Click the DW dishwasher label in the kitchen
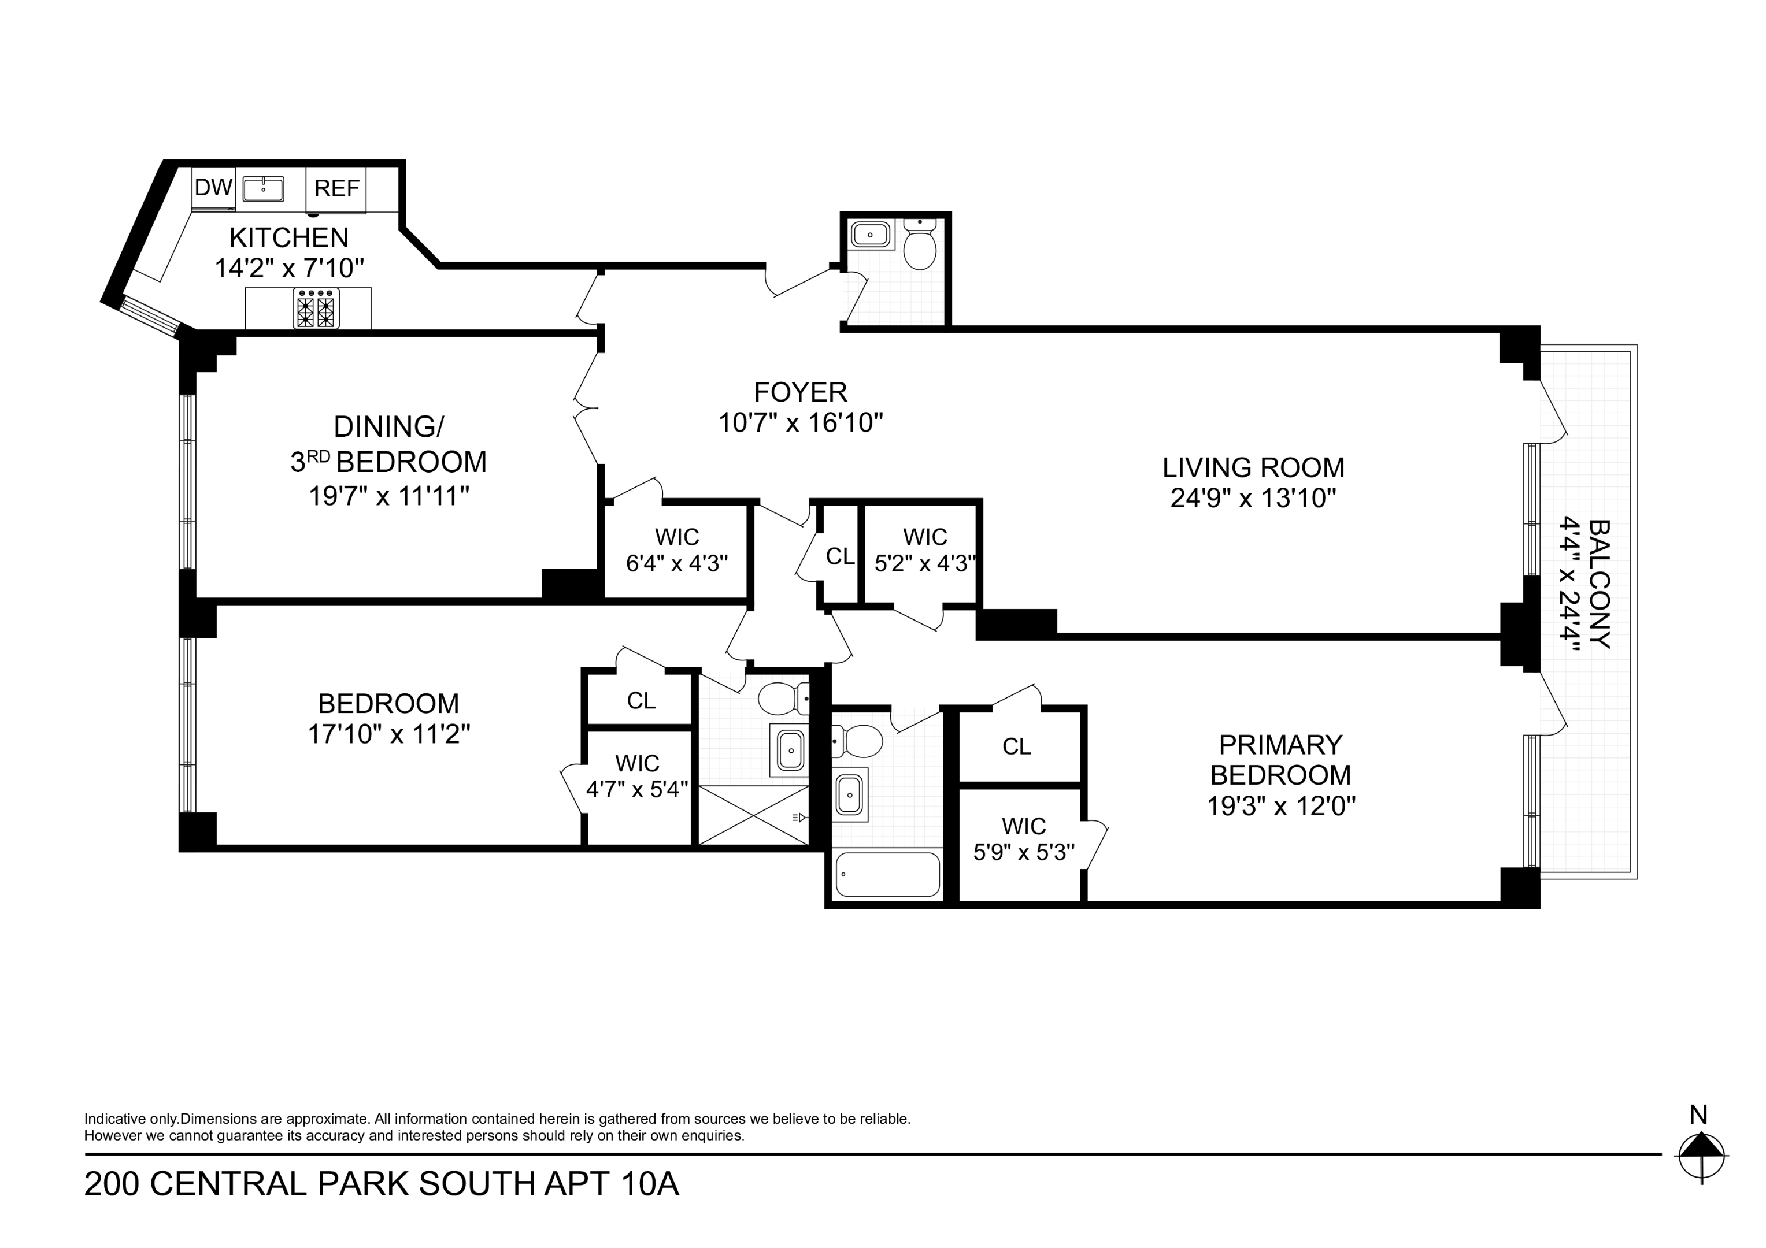point(213,188)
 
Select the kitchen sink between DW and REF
point(263,188)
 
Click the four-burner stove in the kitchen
point(316,309)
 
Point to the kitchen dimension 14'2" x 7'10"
point(288,268)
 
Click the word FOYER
point(800,392)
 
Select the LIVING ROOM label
point(1253,467)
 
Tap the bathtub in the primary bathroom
point(887,874)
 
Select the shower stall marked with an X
point(753,815)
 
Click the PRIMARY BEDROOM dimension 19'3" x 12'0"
point(1280,806)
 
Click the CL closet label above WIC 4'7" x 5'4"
point(641,700)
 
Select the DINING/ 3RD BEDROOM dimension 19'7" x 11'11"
point(388,496)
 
